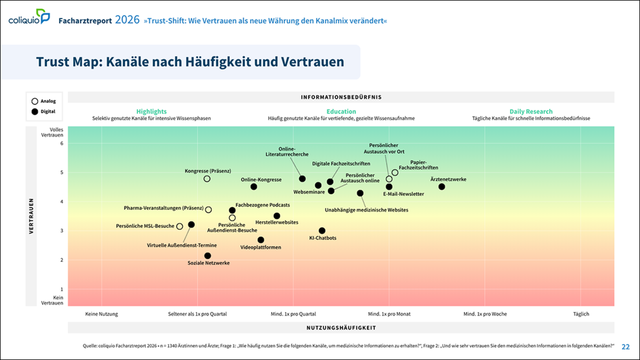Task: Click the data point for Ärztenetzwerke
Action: point(442,187)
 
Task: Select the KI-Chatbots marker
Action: point(322,231)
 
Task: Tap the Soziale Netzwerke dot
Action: point(208,256)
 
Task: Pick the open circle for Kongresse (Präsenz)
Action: point(207,179)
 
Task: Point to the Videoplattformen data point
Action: point(261,240)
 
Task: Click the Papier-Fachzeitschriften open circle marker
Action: point(395,173)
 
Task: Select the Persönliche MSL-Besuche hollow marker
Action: point(180,227)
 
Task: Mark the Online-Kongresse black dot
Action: point(254,187)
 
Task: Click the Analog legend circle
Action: point(35,101)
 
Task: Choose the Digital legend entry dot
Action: point(35,112)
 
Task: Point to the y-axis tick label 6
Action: point(62,144)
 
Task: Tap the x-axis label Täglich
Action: point(581,314)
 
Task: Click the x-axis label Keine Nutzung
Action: point(102,314)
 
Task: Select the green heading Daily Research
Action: point(531,111)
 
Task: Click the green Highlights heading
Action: point(151,111)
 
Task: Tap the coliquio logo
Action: point(29,17)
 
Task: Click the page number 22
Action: point(625,347)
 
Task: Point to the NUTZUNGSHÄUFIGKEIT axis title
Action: point(341,328)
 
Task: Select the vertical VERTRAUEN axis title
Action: point(31,216)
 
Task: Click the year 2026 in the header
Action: point(127,20)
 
